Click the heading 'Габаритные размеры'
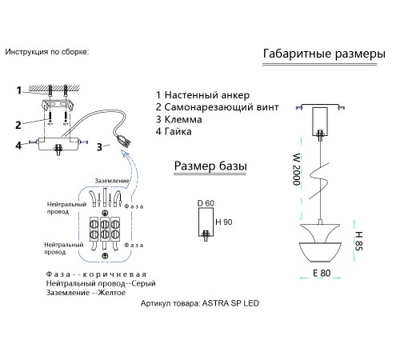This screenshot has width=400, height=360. coord(324,54)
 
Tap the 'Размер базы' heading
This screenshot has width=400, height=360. coord(210,166)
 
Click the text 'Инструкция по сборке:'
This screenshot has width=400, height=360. coord(46,52)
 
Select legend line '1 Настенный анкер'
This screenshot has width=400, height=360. coord(202,95)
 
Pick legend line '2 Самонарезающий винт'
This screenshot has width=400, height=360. coord(217,107)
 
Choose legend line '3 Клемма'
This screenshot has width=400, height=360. coord(178,119)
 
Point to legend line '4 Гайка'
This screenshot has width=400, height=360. coord(174,131)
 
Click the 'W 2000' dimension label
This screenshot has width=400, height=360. coord(297,170)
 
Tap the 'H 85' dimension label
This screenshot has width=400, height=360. coord(358,241)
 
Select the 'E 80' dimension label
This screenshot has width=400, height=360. coord(322,273)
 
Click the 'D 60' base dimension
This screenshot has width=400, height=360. coord(206,203)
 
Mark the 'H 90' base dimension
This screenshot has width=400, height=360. coord(224,222)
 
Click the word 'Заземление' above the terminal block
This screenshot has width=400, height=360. coord(112,181)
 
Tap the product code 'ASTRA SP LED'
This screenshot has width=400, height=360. coord(230,303)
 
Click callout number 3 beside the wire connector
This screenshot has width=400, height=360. coord(99,147)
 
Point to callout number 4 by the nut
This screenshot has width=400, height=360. coord(18,146)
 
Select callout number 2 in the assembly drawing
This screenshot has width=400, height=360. coord(18,125)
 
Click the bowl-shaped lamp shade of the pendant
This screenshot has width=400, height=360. coord(320,252)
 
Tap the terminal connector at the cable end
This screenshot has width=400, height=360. coord(124,141)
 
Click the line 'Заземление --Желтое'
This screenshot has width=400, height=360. coord(86,293)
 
